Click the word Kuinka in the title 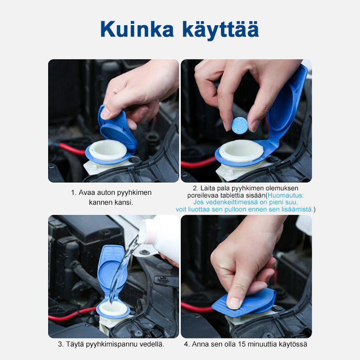point(137,29)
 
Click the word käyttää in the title point(220,30)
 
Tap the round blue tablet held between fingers point(240,126)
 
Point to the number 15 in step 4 point(242,344)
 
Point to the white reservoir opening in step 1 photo point(108,150)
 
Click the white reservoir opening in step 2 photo point(241,151)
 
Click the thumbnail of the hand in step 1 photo point(105,113)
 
